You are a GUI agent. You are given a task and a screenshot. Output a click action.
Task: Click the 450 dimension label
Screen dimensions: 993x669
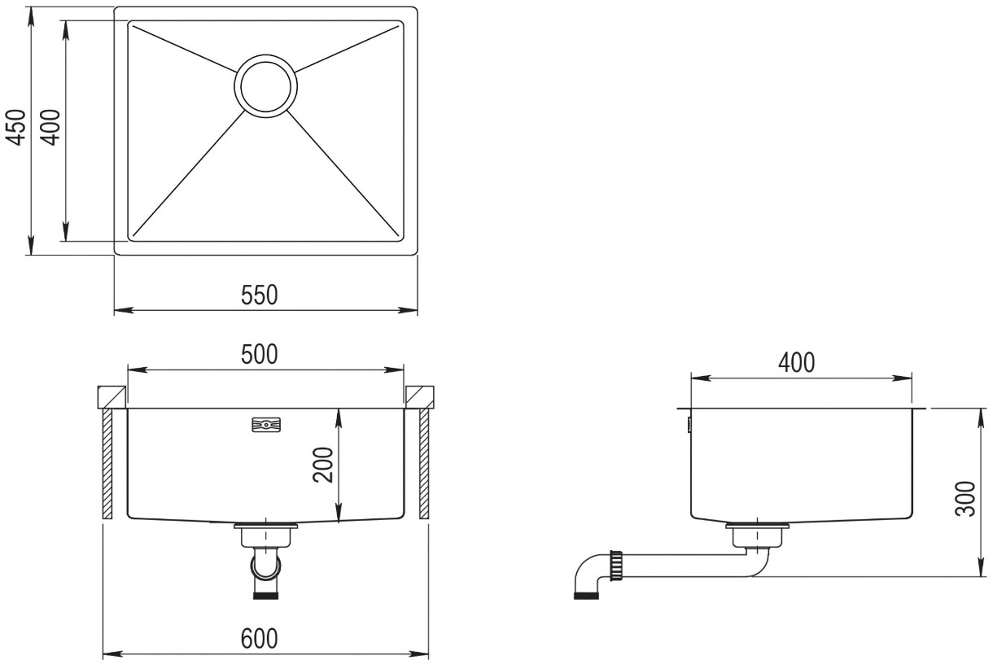coord(16,127)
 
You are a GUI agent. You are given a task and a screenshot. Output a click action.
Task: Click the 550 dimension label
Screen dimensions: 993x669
coord(260,295)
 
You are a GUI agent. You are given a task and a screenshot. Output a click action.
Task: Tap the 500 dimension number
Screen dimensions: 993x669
coord(260,354)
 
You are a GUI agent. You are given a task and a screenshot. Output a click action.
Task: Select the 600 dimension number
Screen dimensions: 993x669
coord(260,639)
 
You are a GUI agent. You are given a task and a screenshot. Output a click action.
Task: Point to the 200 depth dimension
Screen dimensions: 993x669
coord(322,465)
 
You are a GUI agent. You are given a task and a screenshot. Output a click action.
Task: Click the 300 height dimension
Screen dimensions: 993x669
coord(965,498)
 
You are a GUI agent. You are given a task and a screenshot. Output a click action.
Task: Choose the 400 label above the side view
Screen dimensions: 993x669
coord(797,363)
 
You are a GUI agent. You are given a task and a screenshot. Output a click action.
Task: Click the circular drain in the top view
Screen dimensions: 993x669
coord(265,86)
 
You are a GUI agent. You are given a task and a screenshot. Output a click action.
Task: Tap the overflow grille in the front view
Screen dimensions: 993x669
coord(266,424)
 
